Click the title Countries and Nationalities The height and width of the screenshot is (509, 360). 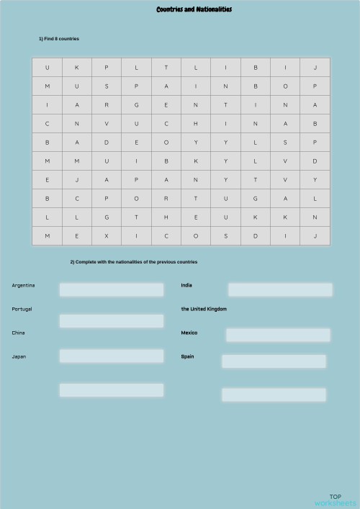[194, 9]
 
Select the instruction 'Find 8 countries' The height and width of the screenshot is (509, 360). [59, 38]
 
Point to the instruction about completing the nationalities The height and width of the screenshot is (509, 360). [133, 262]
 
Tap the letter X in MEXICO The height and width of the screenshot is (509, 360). [106, 235]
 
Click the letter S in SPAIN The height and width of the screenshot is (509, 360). [106, 86]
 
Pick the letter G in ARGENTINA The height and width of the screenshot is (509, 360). [136, 105]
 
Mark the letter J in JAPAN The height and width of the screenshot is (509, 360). [76, 180]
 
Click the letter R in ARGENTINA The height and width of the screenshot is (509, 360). [106, 105]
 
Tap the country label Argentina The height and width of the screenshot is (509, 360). [24, 286]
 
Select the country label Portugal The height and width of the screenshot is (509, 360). [22, 309]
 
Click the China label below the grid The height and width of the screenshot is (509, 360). [18, 333]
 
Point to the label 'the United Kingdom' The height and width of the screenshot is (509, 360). [204, 309]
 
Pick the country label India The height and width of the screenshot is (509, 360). [186, 285]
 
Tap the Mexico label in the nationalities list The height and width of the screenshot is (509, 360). [189, 333]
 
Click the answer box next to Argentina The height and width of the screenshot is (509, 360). [111, 289]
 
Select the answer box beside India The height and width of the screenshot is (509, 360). [280, 289]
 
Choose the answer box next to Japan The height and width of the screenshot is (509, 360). [111, 356]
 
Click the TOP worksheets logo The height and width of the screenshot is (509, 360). [335, 500]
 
